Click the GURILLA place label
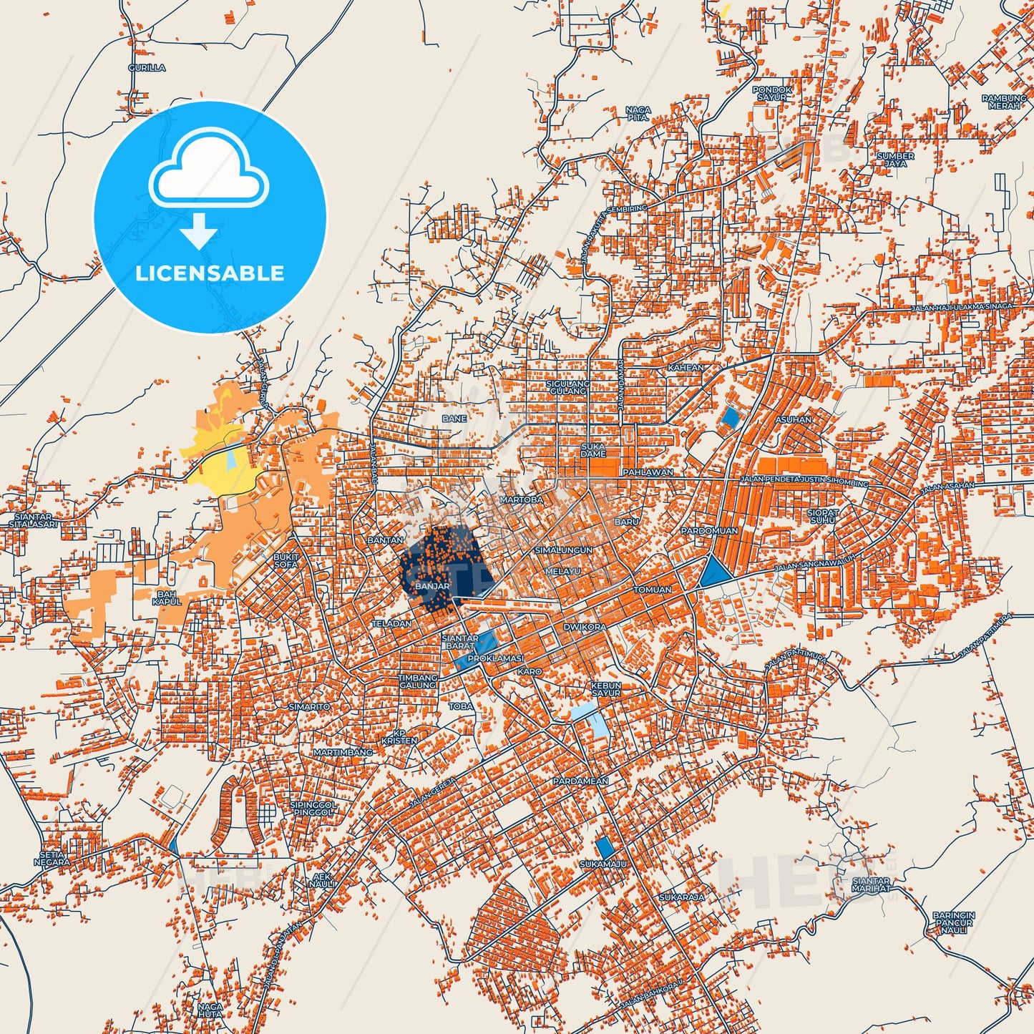147,68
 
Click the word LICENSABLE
210,273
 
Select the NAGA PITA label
638,113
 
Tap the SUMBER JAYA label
895,160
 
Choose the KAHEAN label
686,368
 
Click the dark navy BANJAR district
444,565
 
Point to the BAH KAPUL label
167,598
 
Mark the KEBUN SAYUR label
605,689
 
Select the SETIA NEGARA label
52,859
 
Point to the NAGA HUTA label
210,1010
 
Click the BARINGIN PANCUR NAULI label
953,923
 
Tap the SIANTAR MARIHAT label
871,884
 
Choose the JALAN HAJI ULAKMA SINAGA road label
962,307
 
